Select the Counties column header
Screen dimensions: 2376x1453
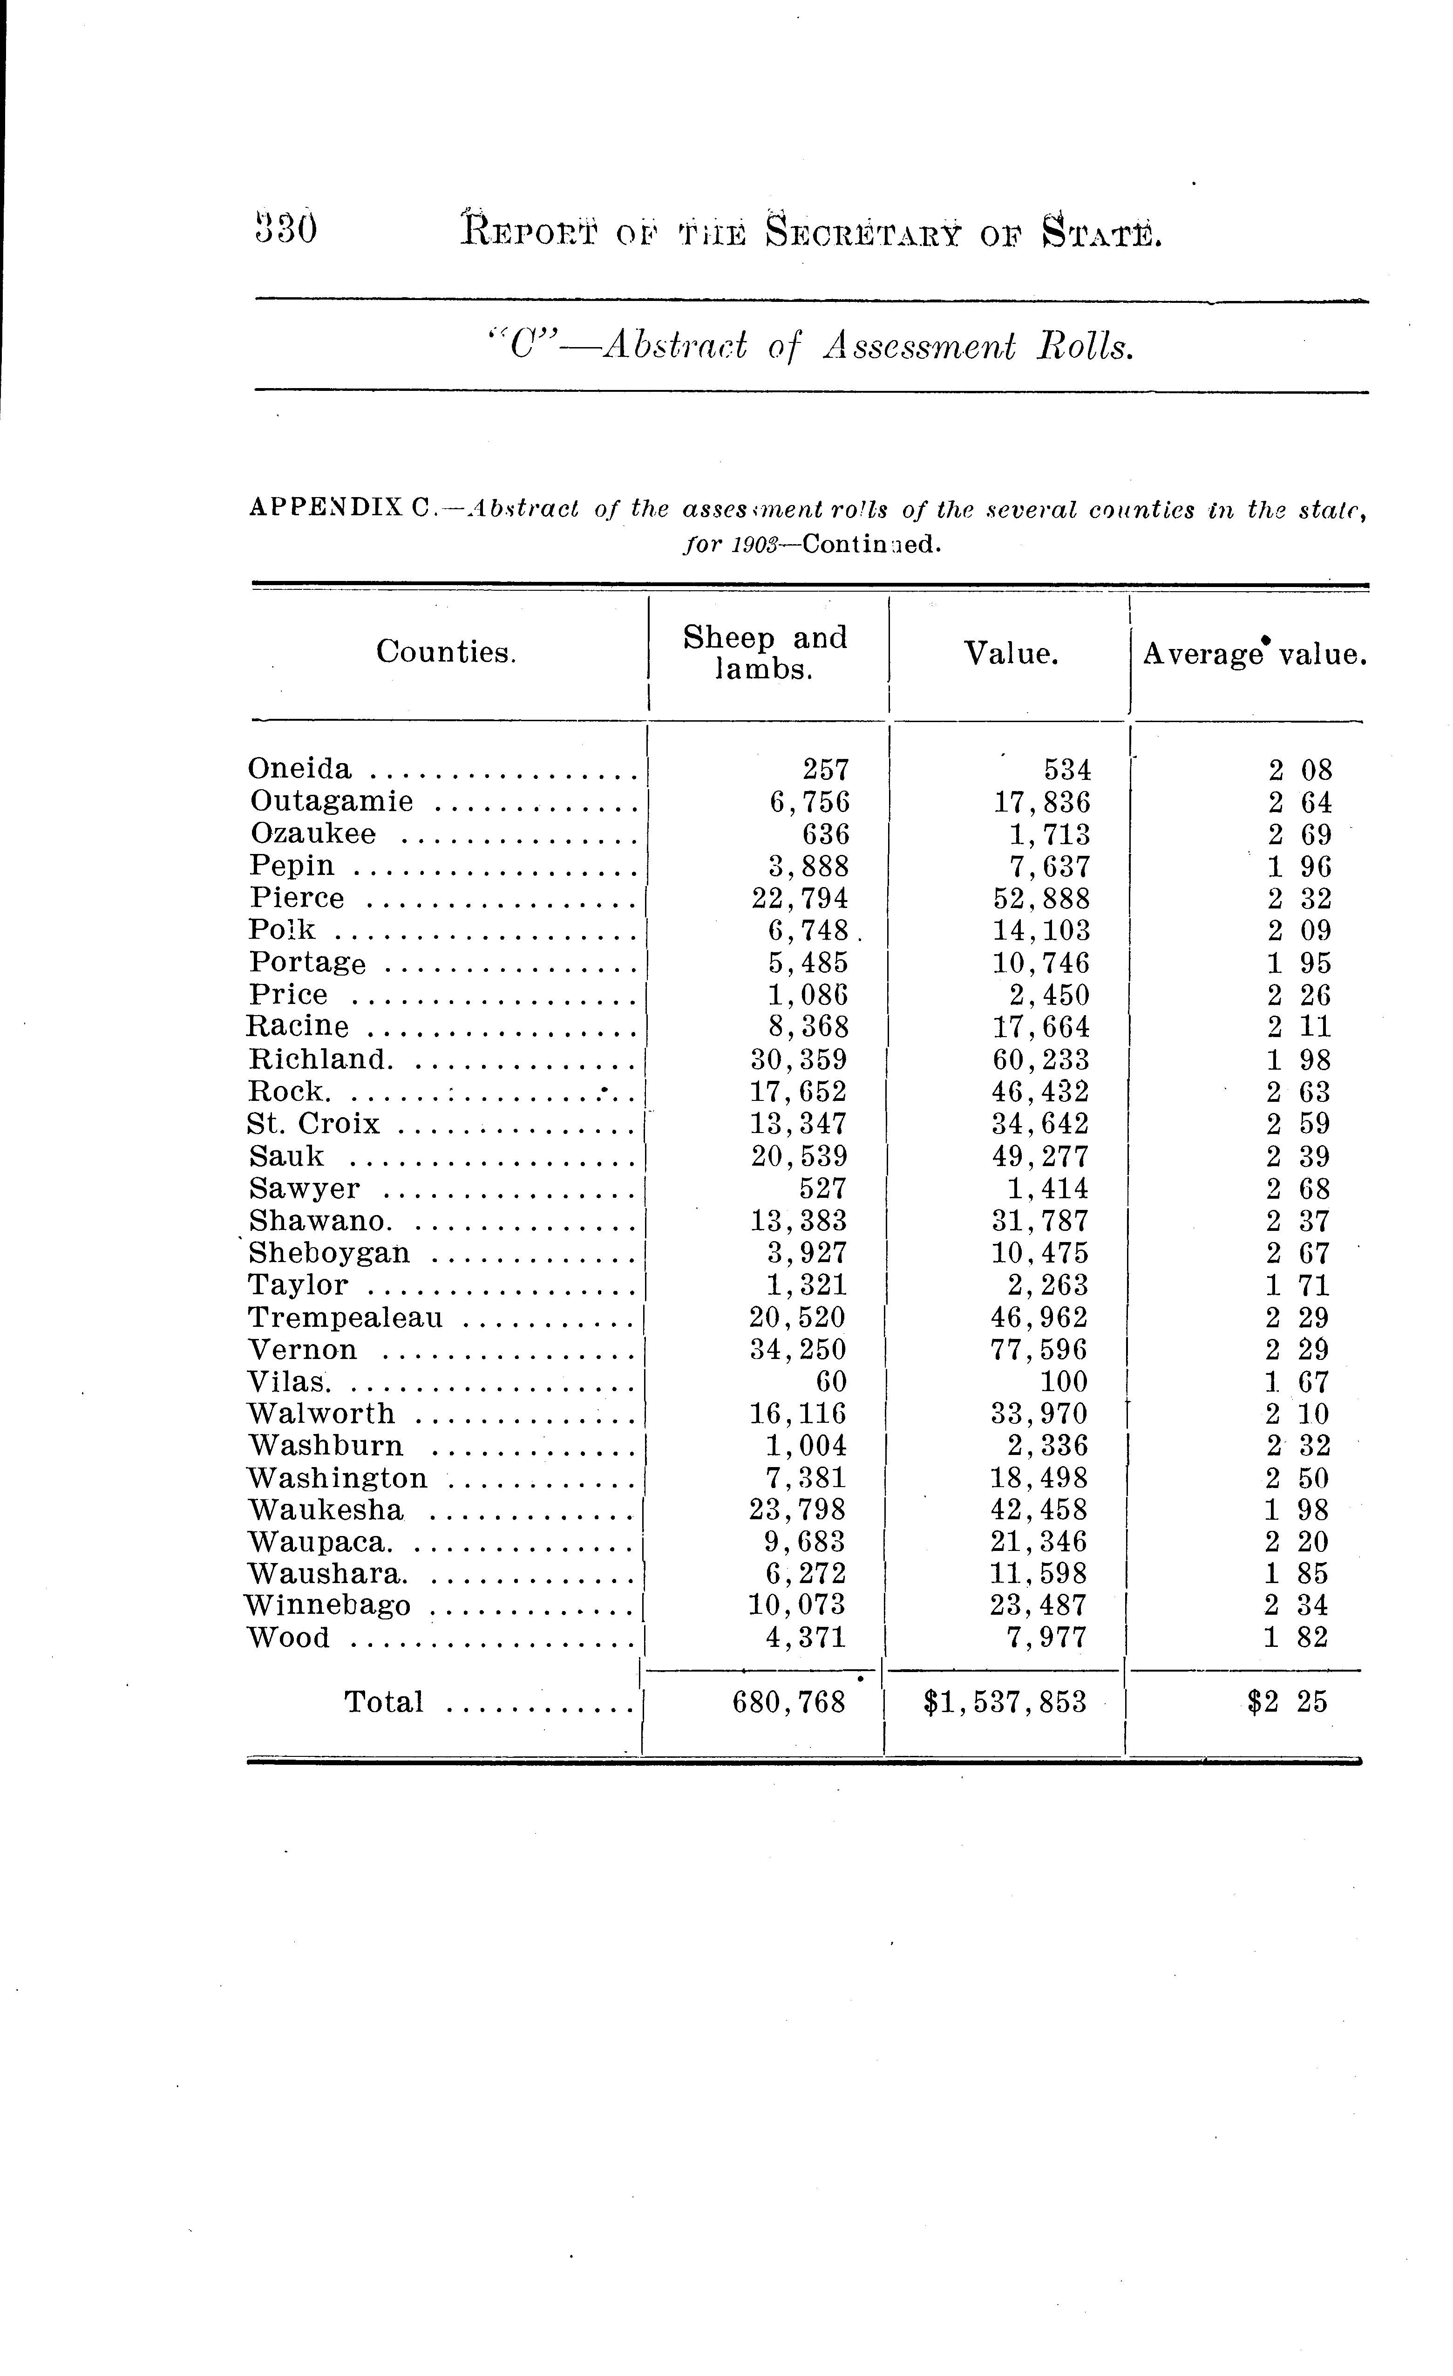click(445, 653)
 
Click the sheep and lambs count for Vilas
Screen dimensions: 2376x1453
click(831, 1382)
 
